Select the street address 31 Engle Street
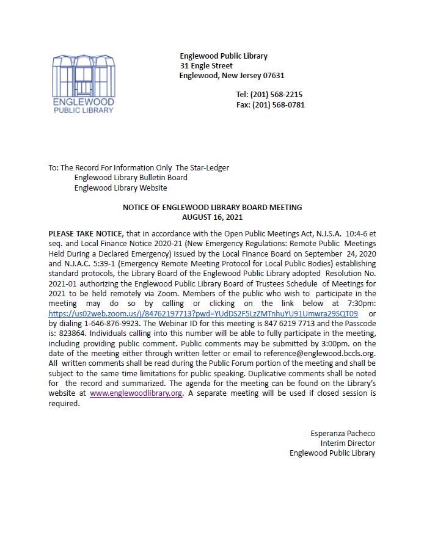[x=206, y=66]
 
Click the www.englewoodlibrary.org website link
[x=136, y=393]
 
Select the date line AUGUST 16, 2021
[x=212, y=217]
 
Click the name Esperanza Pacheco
[x=343, y=434]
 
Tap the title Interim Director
[x=348, y=443]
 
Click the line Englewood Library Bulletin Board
[x=131, y=178]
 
